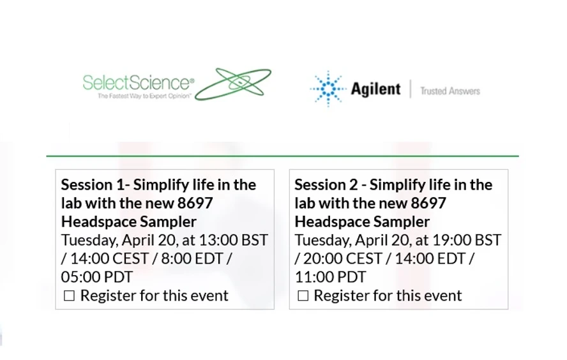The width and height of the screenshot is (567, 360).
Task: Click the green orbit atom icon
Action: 233,84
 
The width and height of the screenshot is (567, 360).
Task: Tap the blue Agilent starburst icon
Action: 328,89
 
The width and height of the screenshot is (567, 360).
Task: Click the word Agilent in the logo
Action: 375,89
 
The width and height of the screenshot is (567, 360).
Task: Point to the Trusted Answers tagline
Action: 450,91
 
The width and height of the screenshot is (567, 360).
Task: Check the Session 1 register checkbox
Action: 69,296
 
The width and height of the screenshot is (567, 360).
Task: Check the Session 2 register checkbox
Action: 303,296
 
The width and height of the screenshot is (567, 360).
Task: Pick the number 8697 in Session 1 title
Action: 191,204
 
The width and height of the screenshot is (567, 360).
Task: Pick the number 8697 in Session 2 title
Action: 425,204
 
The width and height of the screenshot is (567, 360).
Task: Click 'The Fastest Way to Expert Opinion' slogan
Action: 144,96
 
